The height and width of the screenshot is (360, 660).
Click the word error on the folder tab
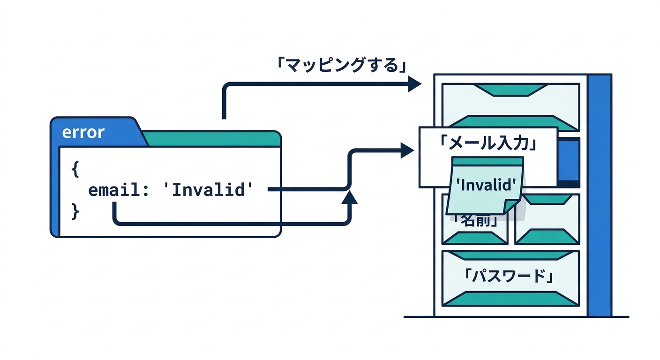point(83,133)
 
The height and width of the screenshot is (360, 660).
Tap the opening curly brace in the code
point(75,168)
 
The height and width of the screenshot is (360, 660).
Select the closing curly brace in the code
point(75,211)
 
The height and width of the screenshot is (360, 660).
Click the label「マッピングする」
point(341,65)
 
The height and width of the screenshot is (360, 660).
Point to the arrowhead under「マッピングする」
point(414,84)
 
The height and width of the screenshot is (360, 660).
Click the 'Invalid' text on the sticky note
point(485,185)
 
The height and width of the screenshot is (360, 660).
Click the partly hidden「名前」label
point(474,221)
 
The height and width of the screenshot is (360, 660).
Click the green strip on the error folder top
point(211,139)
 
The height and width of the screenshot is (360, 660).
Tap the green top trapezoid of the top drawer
point(511,90)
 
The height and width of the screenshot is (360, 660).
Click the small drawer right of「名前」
point(547,219)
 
